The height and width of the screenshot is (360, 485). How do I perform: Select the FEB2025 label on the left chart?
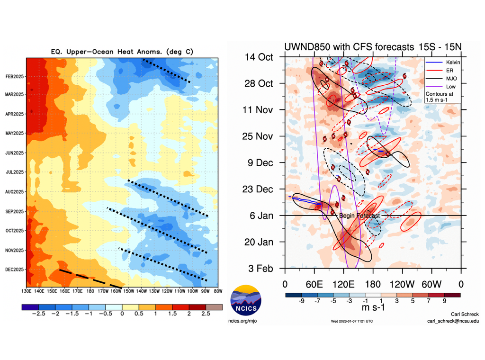point(16,76)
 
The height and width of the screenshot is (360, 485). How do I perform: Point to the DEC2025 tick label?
point(16,270)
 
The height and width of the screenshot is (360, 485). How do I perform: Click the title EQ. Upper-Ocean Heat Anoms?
point(122,52)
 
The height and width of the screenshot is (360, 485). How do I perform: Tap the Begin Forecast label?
point(359,216)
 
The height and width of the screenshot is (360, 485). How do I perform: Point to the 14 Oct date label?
point(260,57)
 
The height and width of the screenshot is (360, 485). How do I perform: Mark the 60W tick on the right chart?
point(431,284)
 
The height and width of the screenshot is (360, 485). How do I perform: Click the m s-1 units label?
point(373,308)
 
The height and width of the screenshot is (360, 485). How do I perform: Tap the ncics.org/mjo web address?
point(245,321)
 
